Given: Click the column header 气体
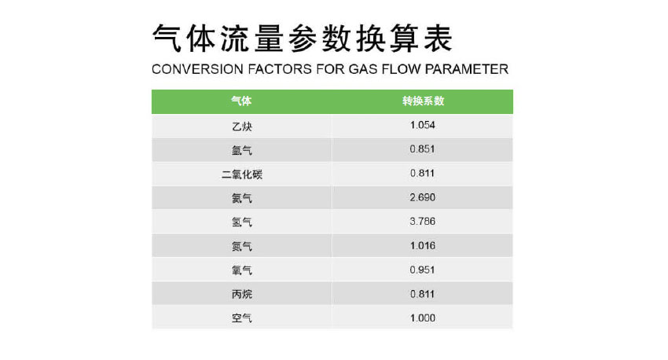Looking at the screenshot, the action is [x=241, y=101].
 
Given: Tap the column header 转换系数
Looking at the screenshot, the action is [x=423, y=101].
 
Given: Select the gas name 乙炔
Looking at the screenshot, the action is [x=242, y=126].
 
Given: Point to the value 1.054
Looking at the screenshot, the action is [x=422, y=125].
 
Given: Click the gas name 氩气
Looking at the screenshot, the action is [x=242, y=150].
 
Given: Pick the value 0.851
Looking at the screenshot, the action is [x=422, y=149].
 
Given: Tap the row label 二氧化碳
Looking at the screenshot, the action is [x=242, y=174].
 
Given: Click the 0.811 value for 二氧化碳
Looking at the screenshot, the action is [x=422, y=174].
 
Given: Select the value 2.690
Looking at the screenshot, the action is [x=422, y=197].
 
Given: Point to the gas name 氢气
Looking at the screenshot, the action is [x=242, y=222].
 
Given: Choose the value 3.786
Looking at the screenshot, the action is [x=422, y=222].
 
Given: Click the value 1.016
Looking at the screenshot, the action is [x=422, y=246].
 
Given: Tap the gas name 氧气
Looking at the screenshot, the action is [x=242, y=270].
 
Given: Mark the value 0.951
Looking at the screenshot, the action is [x=422, y=270].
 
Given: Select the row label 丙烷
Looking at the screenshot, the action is [x=242, y=295].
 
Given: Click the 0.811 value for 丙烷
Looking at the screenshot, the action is [x=422, y=294].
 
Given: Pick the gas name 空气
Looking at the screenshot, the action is [x=242, y=318].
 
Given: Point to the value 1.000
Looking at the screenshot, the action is [x=422, y=318].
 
